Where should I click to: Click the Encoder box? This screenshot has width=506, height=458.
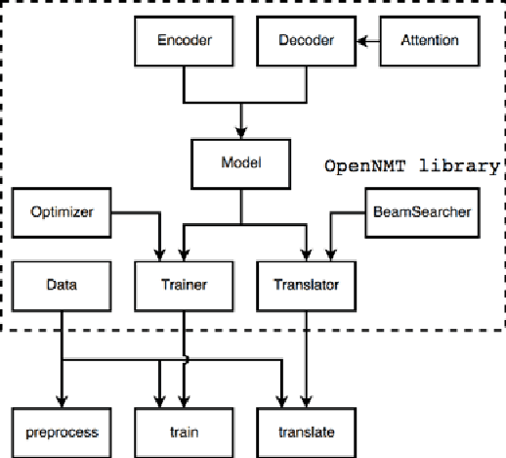(184, 41)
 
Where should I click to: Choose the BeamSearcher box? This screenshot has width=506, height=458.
(422, 211)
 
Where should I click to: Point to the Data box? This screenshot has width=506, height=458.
(61, 285)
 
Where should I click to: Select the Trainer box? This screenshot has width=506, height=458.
(184, 285)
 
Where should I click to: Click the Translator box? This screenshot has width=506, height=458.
(306, 285)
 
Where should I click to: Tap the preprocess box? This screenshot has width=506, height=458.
(61, 430)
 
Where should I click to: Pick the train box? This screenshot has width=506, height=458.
(184, 430)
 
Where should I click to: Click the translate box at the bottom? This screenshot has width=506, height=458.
(306, 430)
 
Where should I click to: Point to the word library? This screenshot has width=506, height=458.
(460, 165)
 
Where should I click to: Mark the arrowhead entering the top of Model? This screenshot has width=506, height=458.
(240, 135)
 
